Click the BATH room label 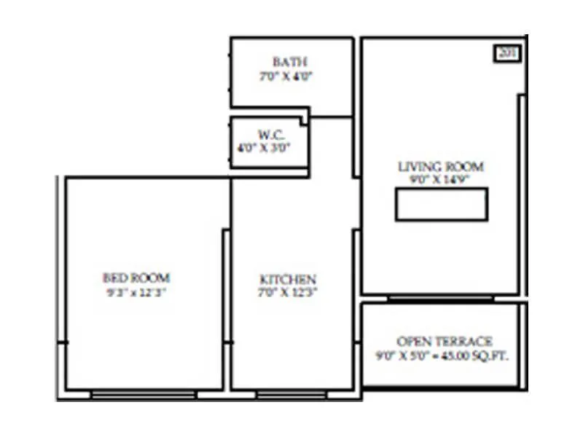(x=291, y=61)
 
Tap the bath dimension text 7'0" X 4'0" (x=291, y=76)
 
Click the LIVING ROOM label (x=441, y=167)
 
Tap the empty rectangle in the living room (x=442, y=204)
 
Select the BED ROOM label (x=136, y=277)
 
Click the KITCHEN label (x=288, y=280)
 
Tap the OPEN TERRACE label (x=445, y=341)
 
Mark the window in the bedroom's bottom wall (x=144, y=395)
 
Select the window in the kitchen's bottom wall (x=291, y=395)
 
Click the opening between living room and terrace (x=440, y=297)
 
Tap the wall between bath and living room (x=356, y=80)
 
